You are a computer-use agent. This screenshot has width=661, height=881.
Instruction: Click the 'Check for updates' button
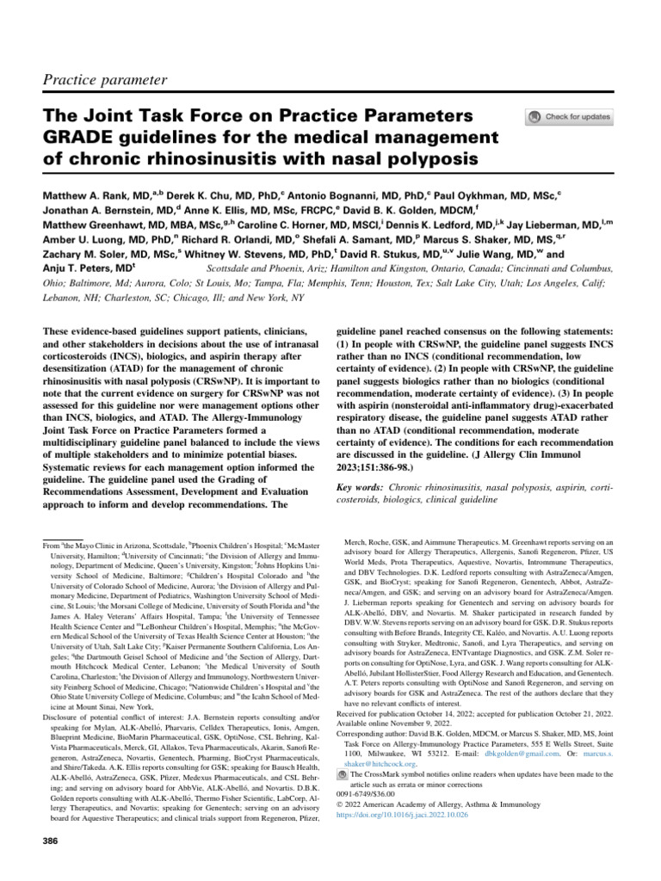pyautogui.click(x=569, y=117)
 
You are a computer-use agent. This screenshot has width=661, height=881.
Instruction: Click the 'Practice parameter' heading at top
pyautogui.click(x=104, y=80)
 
